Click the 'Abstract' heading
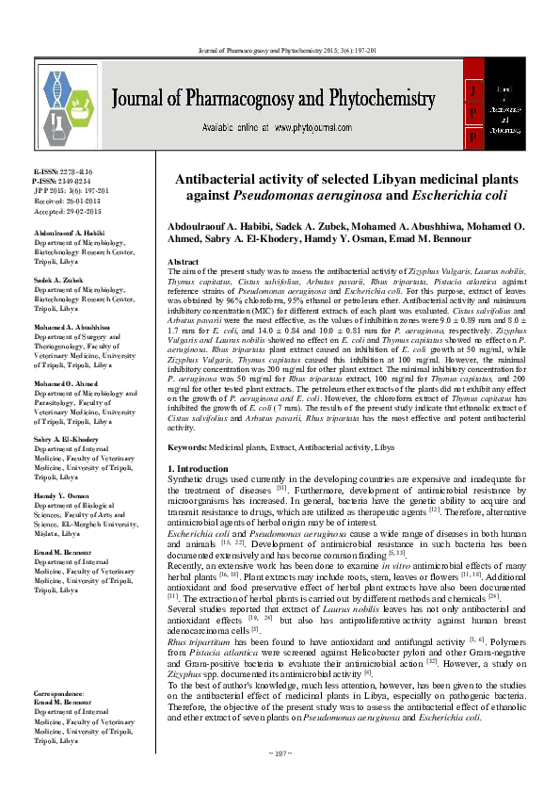[x=182, y=261]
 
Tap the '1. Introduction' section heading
[x=200, y=468]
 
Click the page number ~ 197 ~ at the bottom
[x=280, y=780]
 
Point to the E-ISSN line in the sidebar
[x=54, y=173]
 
